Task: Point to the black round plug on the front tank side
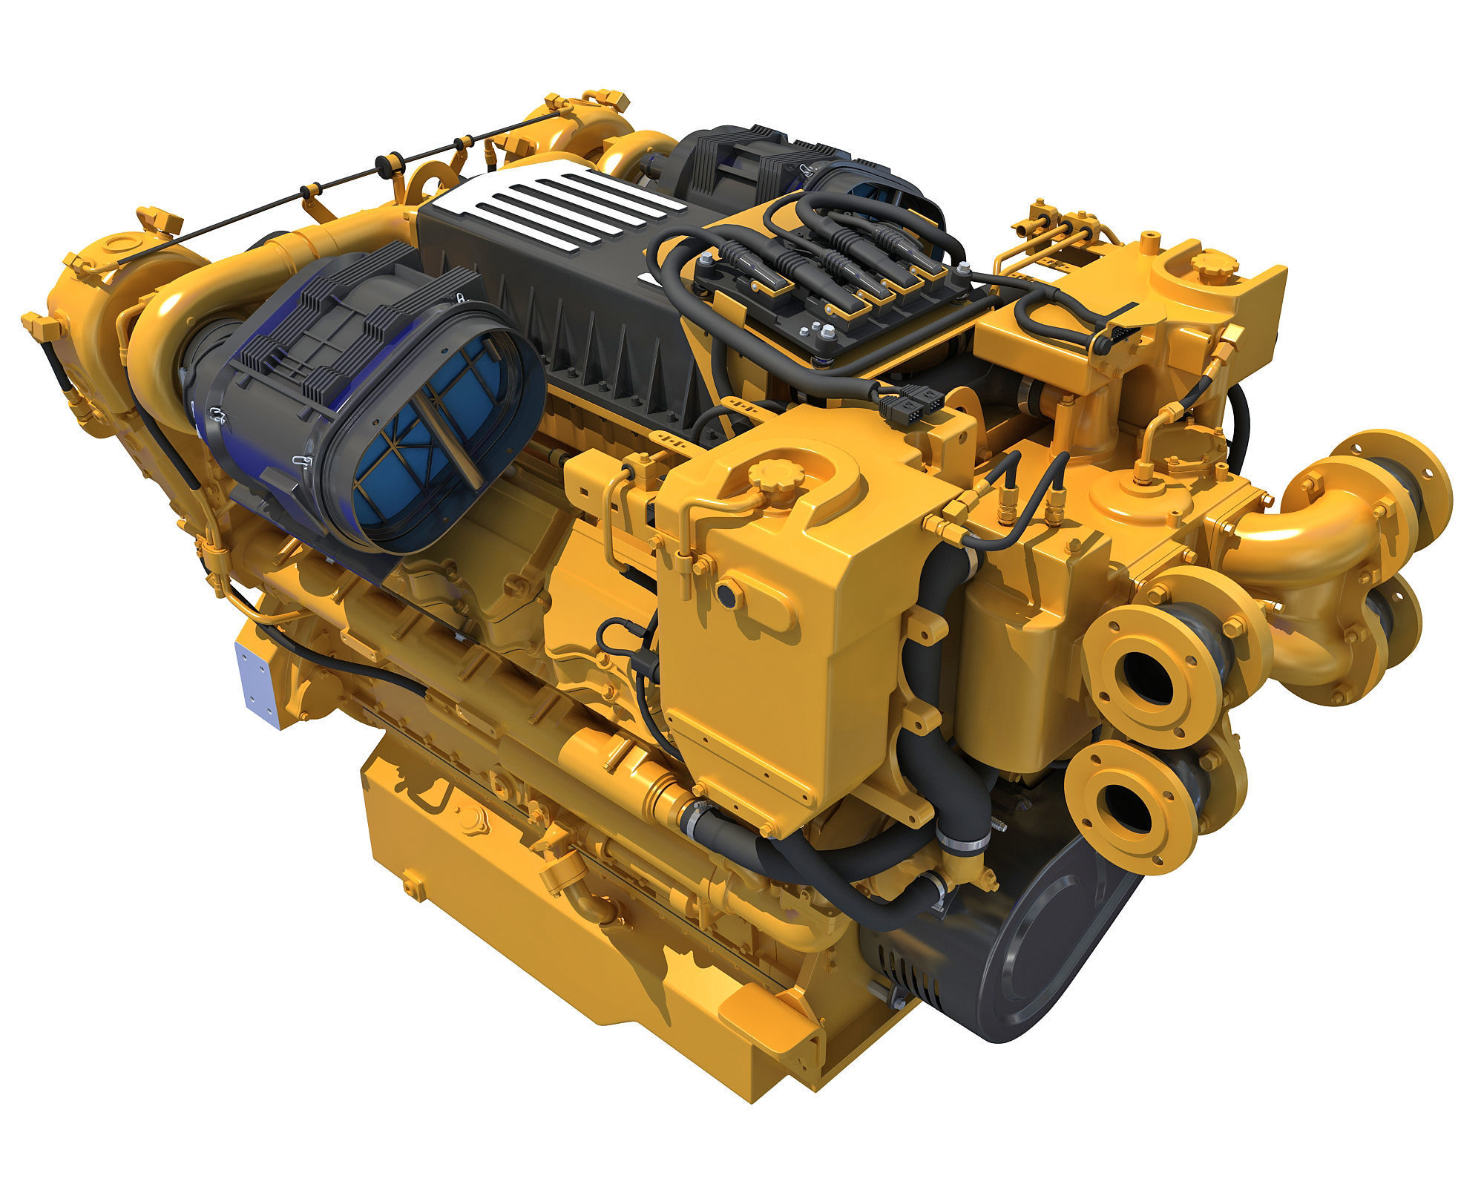pyautogui.click(x=729, y=593)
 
